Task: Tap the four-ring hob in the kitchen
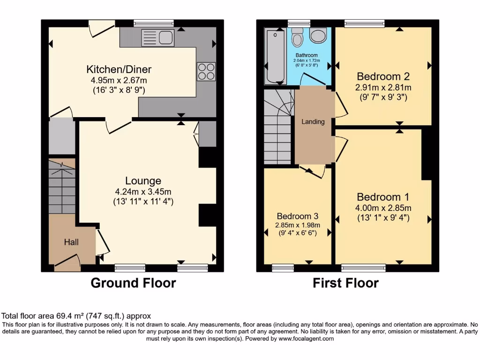pyautogui.click(x=207, y=71)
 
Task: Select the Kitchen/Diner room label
pyautogui.click(x=119, y=69)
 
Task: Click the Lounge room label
pyautogui.click(x=143, y=180)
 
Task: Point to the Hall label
pyautogui.click(x=71, y=242)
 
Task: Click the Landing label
pyautogui.click(x=313, y=122)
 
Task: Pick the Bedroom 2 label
pyautogui.click(x=383, y=76)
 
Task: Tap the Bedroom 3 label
pyautogui.click(x=297, y=216)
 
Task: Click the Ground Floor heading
pyautogui.click(x=133, y=283)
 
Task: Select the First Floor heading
pyautogui.click(x=346, y=283)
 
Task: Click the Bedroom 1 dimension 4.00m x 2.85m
pyautogui.click(x=383, y=208)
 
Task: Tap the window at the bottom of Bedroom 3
pyautogui.click(x=283, y=268)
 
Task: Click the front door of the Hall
pyautogui.click(x=67, y=262)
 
